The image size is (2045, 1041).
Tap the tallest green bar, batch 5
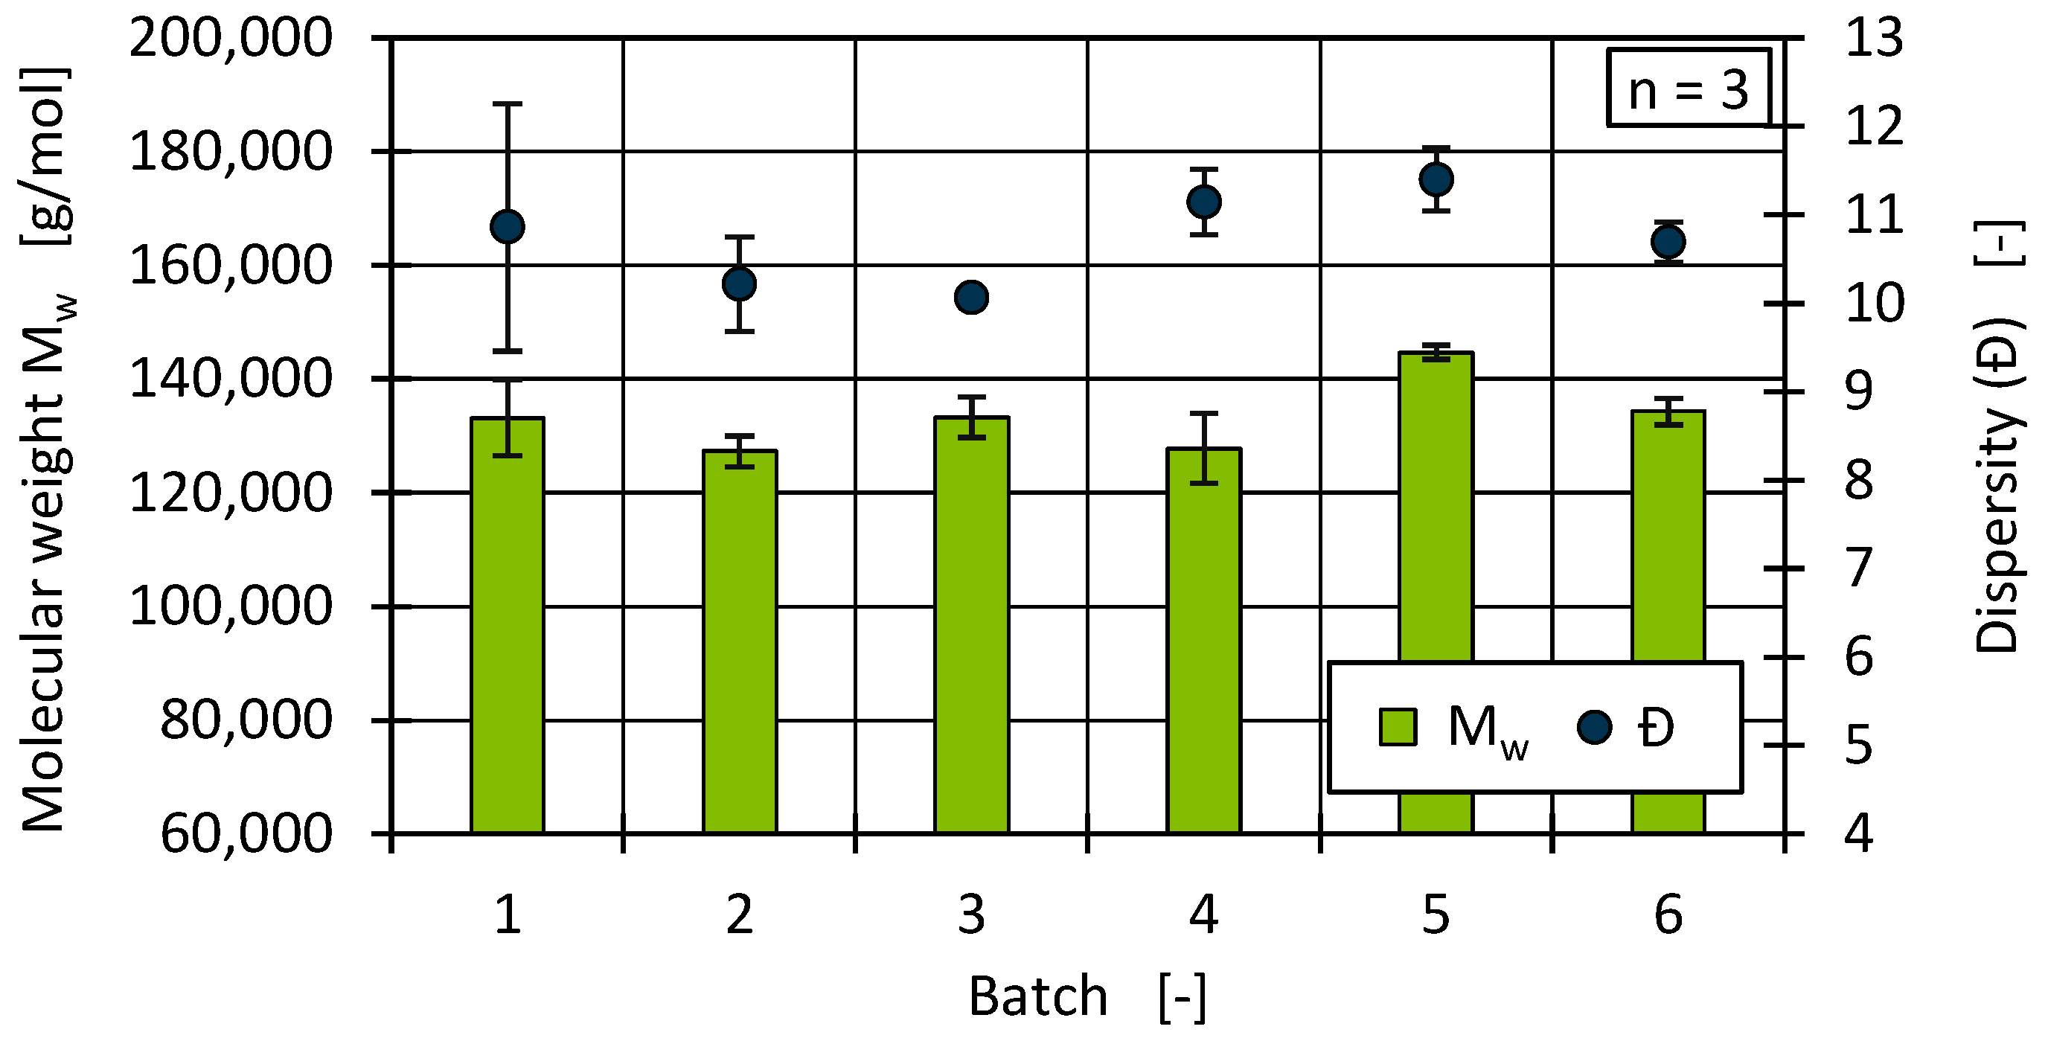(x=1436, y=508)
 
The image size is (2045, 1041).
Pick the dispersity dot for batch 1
(x=508, y=227)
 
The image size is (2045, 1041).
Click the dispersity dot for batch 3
(x=971, y=298)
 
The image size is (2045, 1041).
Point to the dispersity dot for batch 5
(x=1436, y=179)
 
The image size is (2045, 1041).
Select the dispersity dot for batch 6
(x=1668, y=241)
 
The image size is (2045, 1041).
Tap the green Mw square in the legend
(x=1398, y=726)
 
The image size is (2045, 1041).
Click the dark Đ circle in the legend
(x=1594, y=726)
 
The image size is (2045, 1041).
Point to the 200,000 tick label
(x=230, y=38)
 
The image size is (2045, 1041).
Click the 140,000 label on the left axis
(x=230, y=379)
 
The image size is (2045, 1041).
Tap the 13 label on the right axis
(x=1875, y=38)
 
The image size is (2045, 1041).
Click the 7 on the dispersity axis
(x=1859, y=568)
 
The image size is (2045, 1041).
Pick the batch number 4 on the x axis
(x=1203, y=915)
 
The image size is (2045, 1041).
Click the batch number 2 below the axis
(x=739, y=915)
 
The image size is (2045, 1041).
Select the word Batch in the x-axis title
(x=1037, y=996)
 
